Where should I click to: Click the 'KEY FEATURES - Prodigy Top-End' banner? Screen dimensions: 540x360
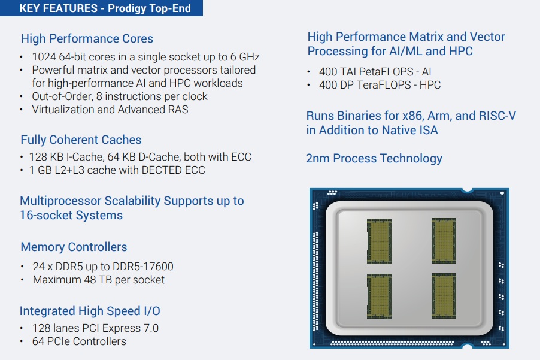(101, 8)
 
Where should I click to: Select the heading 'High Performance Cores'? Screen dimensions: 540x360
(87, 38)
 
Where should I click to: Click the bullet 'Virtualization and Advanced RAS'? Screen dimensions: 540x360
(110, 110)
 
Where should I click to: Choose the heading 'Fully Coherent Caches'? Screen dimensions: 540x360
(81, 140)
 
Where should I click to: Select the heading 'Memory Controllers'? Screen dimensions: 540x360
(74, 247)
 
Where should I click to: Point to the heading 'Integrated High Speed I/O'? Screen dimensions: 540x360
(90, 311)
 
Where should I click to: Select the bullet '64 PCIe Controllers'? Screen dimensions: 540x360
(79, 341)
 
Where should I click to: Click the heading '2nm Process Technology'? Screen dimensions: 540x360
(374, 159)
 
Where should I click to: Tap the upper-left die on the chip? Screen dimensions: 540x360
(379, 241)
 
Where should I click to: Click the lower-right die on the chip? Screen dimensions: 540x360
(444, 296)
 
